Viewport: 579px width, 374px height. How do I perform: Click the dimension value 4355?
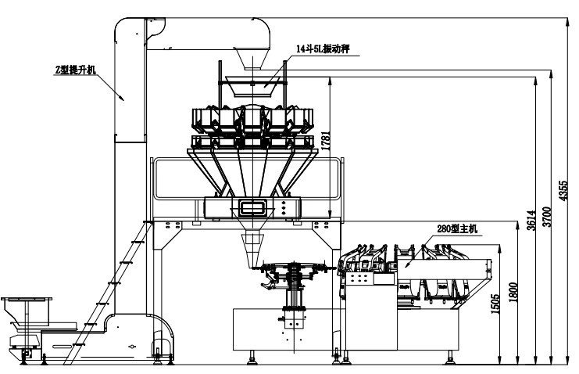tap(563, 191)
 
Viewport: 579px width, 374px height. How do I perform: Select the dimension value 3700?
tap(547, 217)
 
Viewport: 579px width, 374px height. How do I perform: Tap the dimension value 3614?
tap(531, 220)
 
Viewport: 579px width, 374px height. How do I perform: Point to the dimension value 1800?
tap(513, 293)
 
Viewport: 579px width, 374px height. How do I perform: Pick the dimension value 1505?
tap(495, 304)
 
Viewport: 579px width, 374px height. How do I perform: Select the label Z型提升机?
tap(75, 70)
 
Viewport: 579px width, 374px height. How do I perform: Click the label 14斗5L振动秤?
tap(323, 49)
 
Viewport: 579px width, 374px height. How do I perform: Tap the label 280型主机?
tap(457, 228)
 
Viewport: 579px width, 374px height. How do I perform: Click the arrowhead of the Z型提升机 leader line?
tap(122, 98)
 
